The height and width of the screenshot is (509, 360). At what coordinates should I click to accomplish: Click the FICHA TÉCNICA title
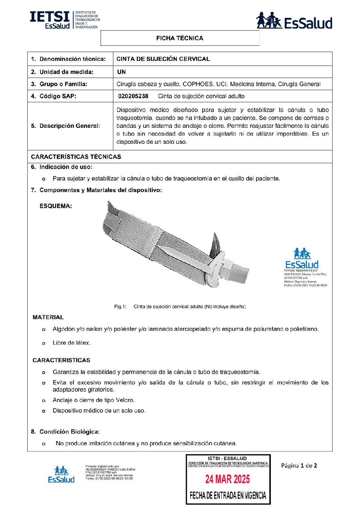pyautogui.click(x=180, y=38)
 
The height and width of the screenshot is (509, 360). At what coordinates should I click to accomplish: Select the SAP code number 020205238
pyautogui.click(x=133, y=96)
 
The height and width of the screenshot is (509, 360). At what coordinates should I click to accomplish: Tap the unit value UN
pyautogui.click(x=121, y=72)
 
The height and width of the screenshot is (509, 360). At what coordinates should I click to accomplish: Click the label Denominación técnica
pyautogui.click(x=72, y=59)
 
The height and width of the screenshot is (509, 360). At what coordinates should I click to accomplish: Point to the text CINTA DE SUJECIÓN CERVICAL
pyautogui.click(x=163, y=59)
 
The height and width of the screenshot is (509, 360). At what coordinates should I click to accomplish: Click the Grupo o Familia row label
pyautogui.click(x=63, y=84)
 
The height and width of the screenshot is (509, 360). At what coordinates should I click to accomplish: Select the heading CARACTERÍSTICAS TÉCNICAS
pyautogui.click(x=76, y=157)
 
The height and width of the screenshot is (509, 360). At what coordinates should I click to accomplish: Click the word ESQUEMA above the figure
pyautogui.click(x=55, y=206)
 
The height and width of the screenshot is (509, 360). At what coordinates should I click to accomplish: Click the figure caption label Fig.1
pyautogui.click(x=120, y=307)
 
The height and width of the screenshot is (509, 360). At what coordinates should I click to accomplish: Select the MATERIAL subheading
pyautogui.click(x=48, y=317)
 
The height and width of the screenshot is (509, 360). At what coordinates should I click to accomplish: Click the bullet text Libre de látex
pyautogui.click(x=71, y=343)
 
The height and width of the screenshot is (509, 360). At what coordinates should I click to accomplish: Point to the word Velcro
pyautogui.click(x=125, y=400)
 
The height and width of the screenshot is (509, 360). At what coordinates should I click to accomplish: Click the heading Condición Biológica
pyautogui.click(x=69, y=432)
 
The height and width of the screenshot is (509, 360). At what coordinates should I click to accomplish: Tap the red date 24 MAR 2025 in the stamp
pyautogui.click(x=227, y=479)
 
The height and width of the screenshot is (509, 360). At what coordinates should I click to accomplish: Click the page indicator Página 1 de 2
pyautogui.click(x=299, y=465)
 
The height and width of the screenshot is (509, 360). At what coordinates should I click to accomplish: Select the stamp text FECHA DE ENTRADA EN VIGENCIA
pyautogui.click(x=228, y=495)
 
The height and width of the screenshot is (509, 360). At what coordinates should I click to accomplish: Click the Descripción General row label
pyautogui.click(x=69, y=126)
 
